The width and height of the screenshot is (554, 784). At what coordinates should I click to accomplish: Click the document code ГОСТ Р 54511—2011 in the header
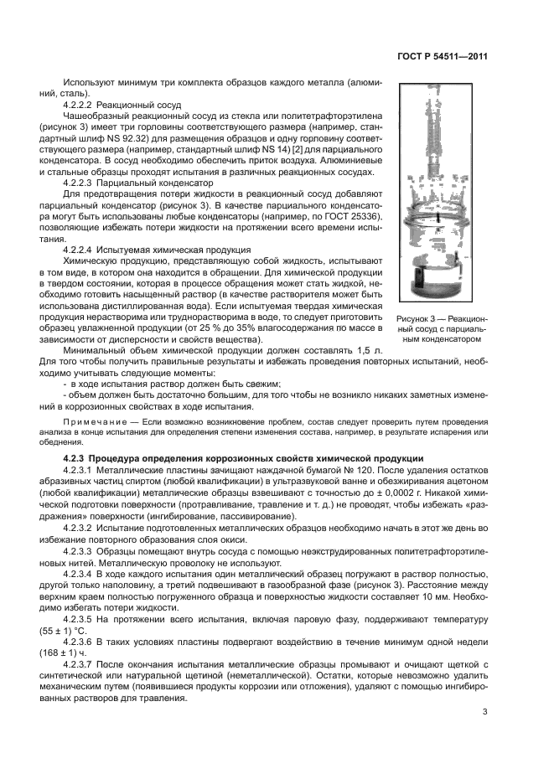442,56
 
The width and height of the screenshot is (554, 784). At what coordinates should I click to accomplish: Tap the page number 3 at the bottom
485,713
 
